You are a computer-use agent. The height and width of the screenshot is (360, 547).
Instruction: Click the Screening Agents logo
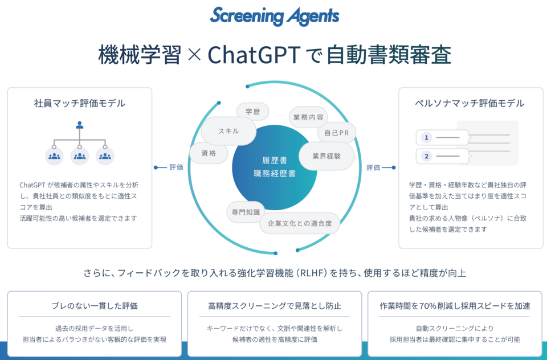pyautogui.click(x=275, y=16)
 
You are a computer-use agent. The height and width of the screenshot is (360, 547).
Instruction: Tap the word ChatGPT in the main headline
pyautogui.click(x=254, y=55)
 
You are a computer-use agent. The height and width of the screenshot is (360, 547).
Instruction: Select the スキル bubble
pyautogui.click(x=228, y=131)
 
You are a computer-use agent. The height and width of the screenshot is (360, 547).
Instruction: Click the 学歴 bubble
pyautogui.click(x=253, y=112)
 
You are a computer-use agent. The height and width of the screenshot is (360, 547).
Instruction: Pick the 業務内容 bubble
pyautogui.click(x=308, y=117)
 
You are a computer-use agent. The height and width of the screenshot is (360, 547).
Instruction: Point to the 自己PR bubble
pyautogui.click(x=337, y=133)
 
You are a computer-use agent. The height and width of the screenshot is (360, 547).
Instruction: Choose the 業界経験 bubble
pyautogui.click(x=326, y=156)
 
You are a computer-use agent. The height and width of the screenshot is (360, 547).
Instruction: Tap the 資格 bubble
pyautogui.click(x=209, y=153)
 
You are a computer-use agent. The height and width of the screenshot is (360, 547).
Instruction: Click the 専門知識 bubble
pyautogui.click(x=246, y=212)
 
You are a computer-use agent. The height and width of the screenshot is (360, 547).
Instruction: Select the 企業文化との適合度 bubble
pyautogui.click(x=300, y=223)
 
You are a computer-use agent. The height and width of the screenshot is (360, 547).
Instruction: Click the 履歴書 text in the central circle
pyautogui.click(x=275, y=161)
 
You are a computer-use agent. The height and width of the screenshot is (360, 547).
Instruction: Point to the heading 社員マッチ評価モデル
pyautogui.click(x=80, y=103)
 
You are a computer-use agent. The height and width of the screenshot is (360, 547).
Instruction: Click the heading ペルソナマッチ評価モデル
pyautogui.click(x=469, y=103)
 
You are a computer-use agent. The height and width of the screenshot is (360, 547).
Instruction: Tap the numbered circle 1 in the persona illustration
pyautogui.click(x=426, y=137)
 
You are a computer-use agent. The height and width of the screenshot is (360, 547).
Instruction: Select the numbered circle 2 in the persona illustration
pyautogui.click(x=426, y=156)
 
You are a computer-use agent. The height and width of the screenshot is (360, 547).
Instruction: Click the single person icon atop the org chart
pyautogui.click(x=80, y=125)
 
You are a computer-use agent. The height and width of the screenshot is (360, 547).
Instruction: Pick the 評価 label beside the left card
pyautogui.click(x=176, y=167)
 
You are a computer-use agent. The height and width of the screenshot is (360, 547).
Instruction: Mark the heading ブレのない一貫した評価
pyautogui.click(x=95, y=306)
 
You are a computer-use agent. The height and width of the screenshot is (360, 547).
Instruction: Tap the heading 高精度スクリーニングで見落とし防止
pyautogui.click(x=275, y=306)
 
